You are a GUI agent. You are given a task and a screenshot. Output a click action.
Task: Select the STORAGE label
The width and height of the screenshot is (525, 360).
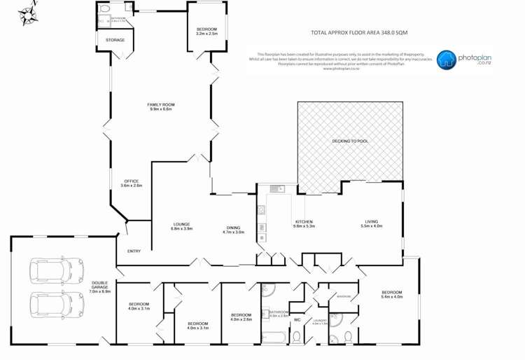coord(115,40)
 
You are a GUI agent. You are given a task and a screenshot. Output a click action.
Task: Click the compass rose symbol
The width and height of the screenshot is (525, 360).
coord(29,15)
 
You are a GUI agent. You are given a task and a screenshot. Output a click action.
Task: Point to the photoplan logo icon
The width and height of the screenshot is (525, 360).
coord(445,60)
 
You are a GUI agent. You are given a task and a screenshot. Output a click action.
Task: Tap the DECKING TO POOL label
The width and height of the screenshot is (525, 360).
coord(349,141)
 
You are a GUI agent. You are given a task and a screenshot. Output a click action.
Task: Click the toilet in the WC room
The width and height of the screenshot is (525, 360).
coord(297,338)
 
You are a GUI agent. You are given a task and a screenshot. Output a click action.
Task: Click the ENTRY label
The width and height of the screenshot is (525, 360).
coord(134,251)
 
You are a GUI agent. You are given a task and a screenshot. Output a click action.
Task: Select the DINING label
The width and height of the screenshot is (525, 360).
coord(233,227)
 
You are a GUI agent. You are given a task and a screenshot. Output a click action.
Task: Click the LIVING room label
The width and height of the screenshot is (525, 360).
coord(371,221)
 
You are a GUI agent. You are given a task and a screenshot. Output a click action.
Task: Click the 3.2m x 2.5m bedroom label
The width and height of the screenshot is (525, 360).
coord(206,33)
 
